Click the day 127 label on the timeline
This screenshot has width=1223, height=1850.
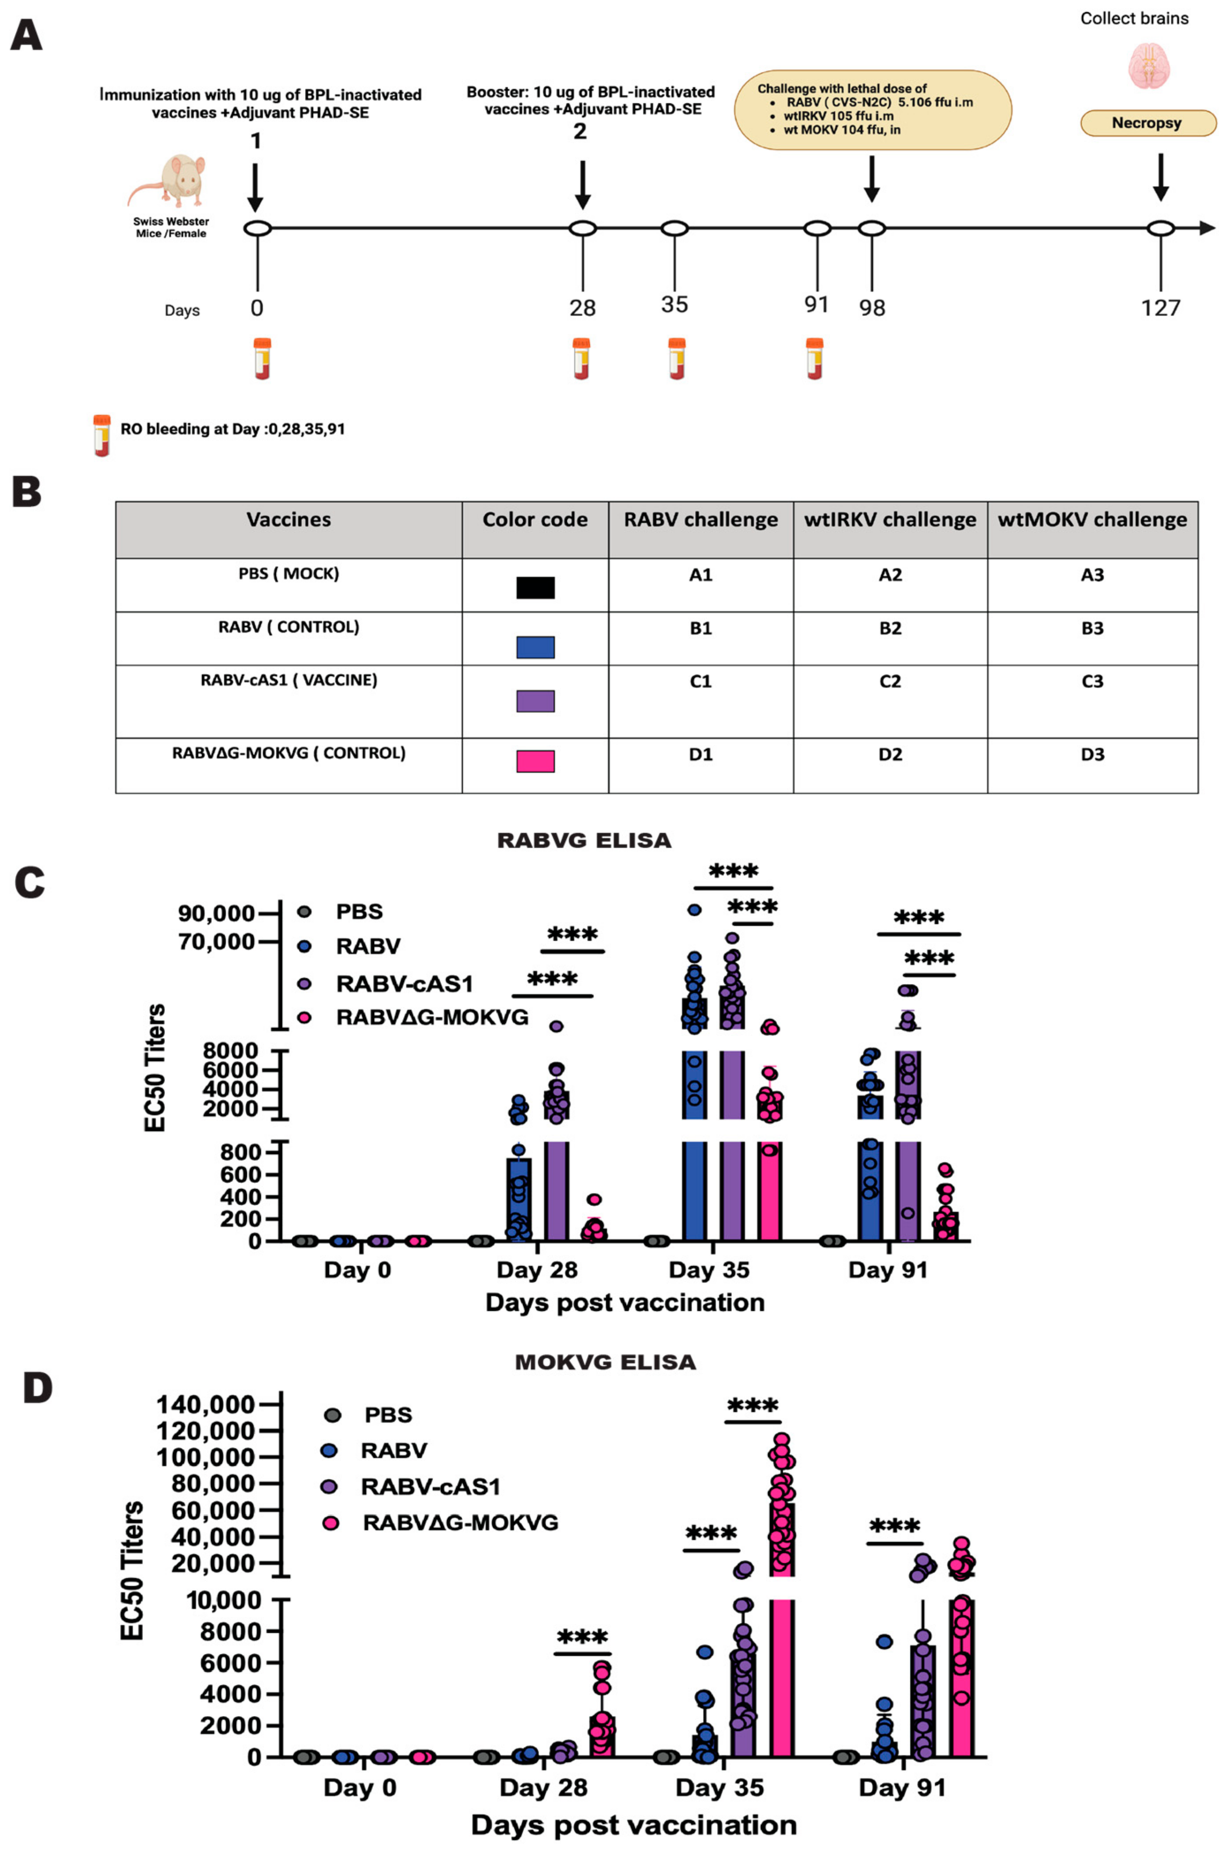pos(1160,308)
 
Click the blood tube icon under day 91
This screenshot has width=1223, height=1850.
pos(814,359)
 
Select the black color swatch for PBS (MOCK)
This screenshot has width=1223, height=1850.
pos(535,587)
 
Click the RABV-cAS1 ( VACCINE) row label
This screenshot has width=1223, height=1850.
pos(289,680)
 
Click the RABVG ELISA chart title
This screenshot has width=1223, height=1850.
pos(584,841)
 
